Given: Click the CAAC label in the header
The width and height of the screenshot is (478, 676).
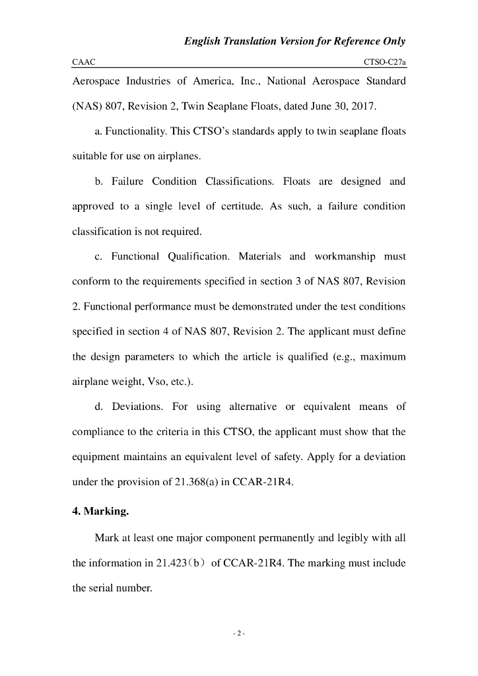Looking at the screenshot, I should [84, 62].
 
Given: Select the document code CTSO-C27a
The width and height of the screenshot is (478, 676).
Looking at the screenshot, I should [384, 62].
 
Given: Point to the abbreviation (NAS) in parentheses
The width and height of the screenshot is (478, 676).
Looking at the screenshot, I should [86, 106].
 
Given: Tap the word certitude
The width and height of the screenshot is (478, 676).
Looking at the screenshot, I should [250, 207].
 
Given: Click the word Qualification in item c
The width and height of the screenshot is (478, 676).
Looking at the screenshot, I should [198, 256].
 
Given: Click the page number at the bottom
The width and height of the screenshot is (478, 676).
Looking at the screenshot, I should [239, 634].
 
